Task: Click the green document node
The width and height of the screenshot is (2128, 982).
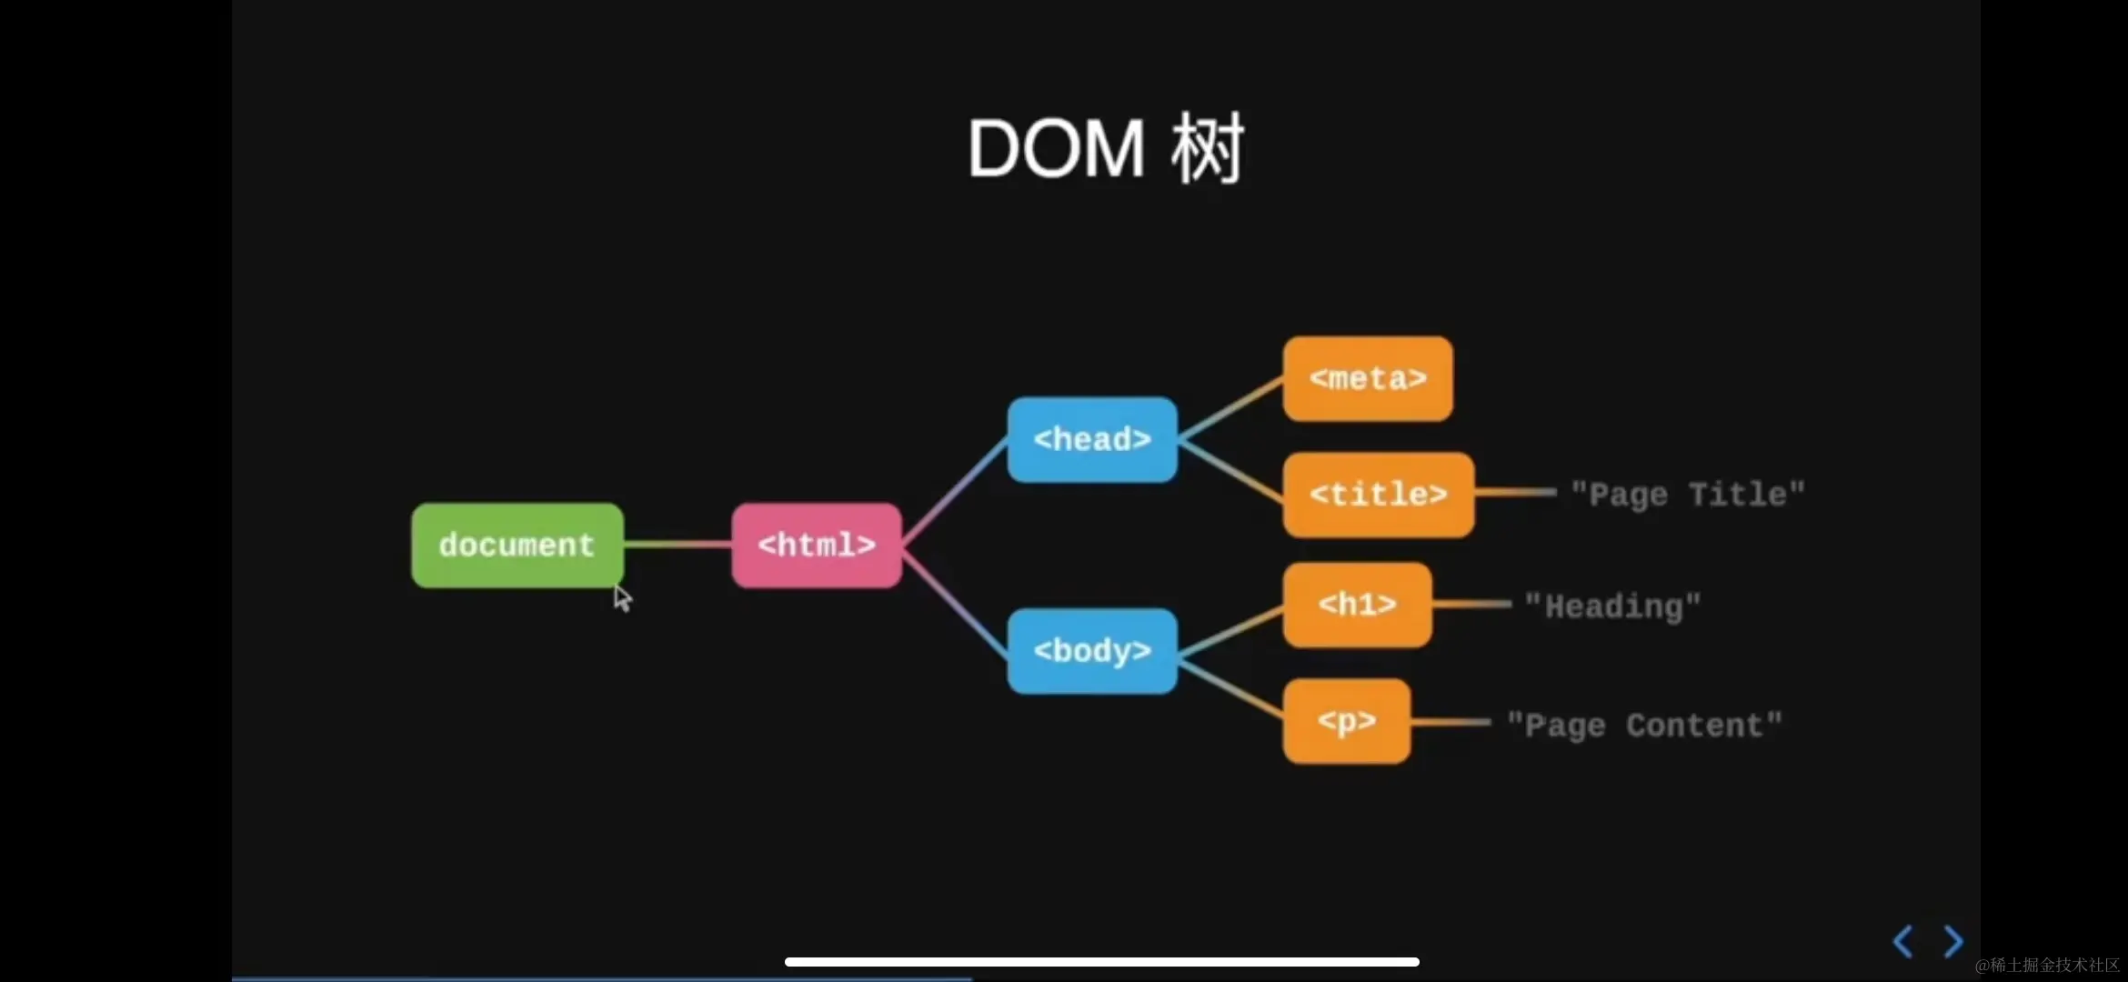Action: click(x=517, y=546)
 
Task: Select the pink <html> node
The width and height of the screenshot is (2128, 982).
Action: click(x=817, y=546)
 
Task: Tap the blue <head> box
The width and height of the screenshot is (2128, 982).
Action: click(x=1092, y=440)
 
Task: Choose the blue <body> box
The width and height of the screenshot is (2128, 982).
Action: click(x=1092, y=651)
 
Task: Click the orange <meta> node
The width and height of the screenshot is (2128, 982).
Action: click(x=1368, y=378)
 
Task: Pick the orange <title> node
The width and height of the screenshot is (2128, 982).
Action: click(x=1378, y=495)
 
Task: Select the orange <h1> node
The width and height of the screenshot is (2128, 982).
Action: click(x=1357, y=605)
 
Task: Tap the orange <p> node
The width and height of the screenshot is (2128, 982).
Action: click(x=1347, y=721)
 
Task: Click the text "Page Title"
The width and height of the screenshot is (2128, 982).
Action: click(x=1688, y=495)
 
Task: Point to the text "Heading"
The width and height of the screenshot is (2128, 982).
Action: click(x=1612, y=606)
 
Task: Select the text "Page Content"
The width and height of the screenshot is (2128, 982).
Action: click(x=1644, y=726)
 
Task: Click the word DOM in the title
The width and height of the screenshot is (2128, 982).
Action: click(x=1056, y=149)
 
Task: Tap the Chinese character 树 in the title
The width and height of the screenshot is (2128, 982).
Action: click(x=1207, y=149)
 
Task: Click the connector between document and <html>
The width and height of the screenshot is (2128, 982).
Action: click(x=678, y=545)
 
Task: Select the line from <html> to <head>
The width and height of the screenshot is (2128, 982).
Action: click(x=955, y=492)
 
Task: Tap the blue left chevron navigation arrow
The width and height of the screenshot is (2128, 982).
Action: click(x=1902, y=941)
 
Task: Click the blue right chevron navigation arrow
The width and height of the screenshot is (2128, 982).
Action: click(x=1952, y=941)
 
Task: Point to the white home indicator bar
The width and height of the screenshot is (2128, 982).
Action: click(x=1101, y=962)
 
